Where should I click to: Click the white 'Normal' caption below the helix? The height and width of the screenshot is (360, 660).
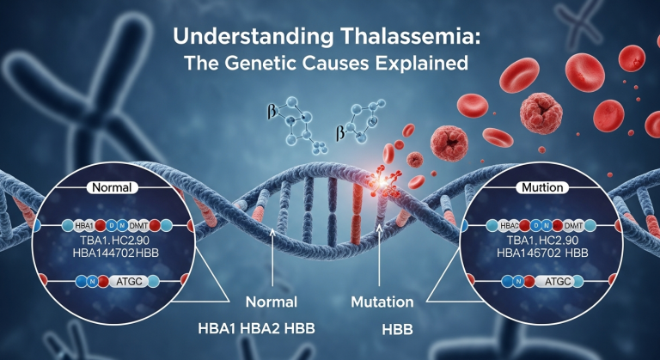point(271,303)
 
